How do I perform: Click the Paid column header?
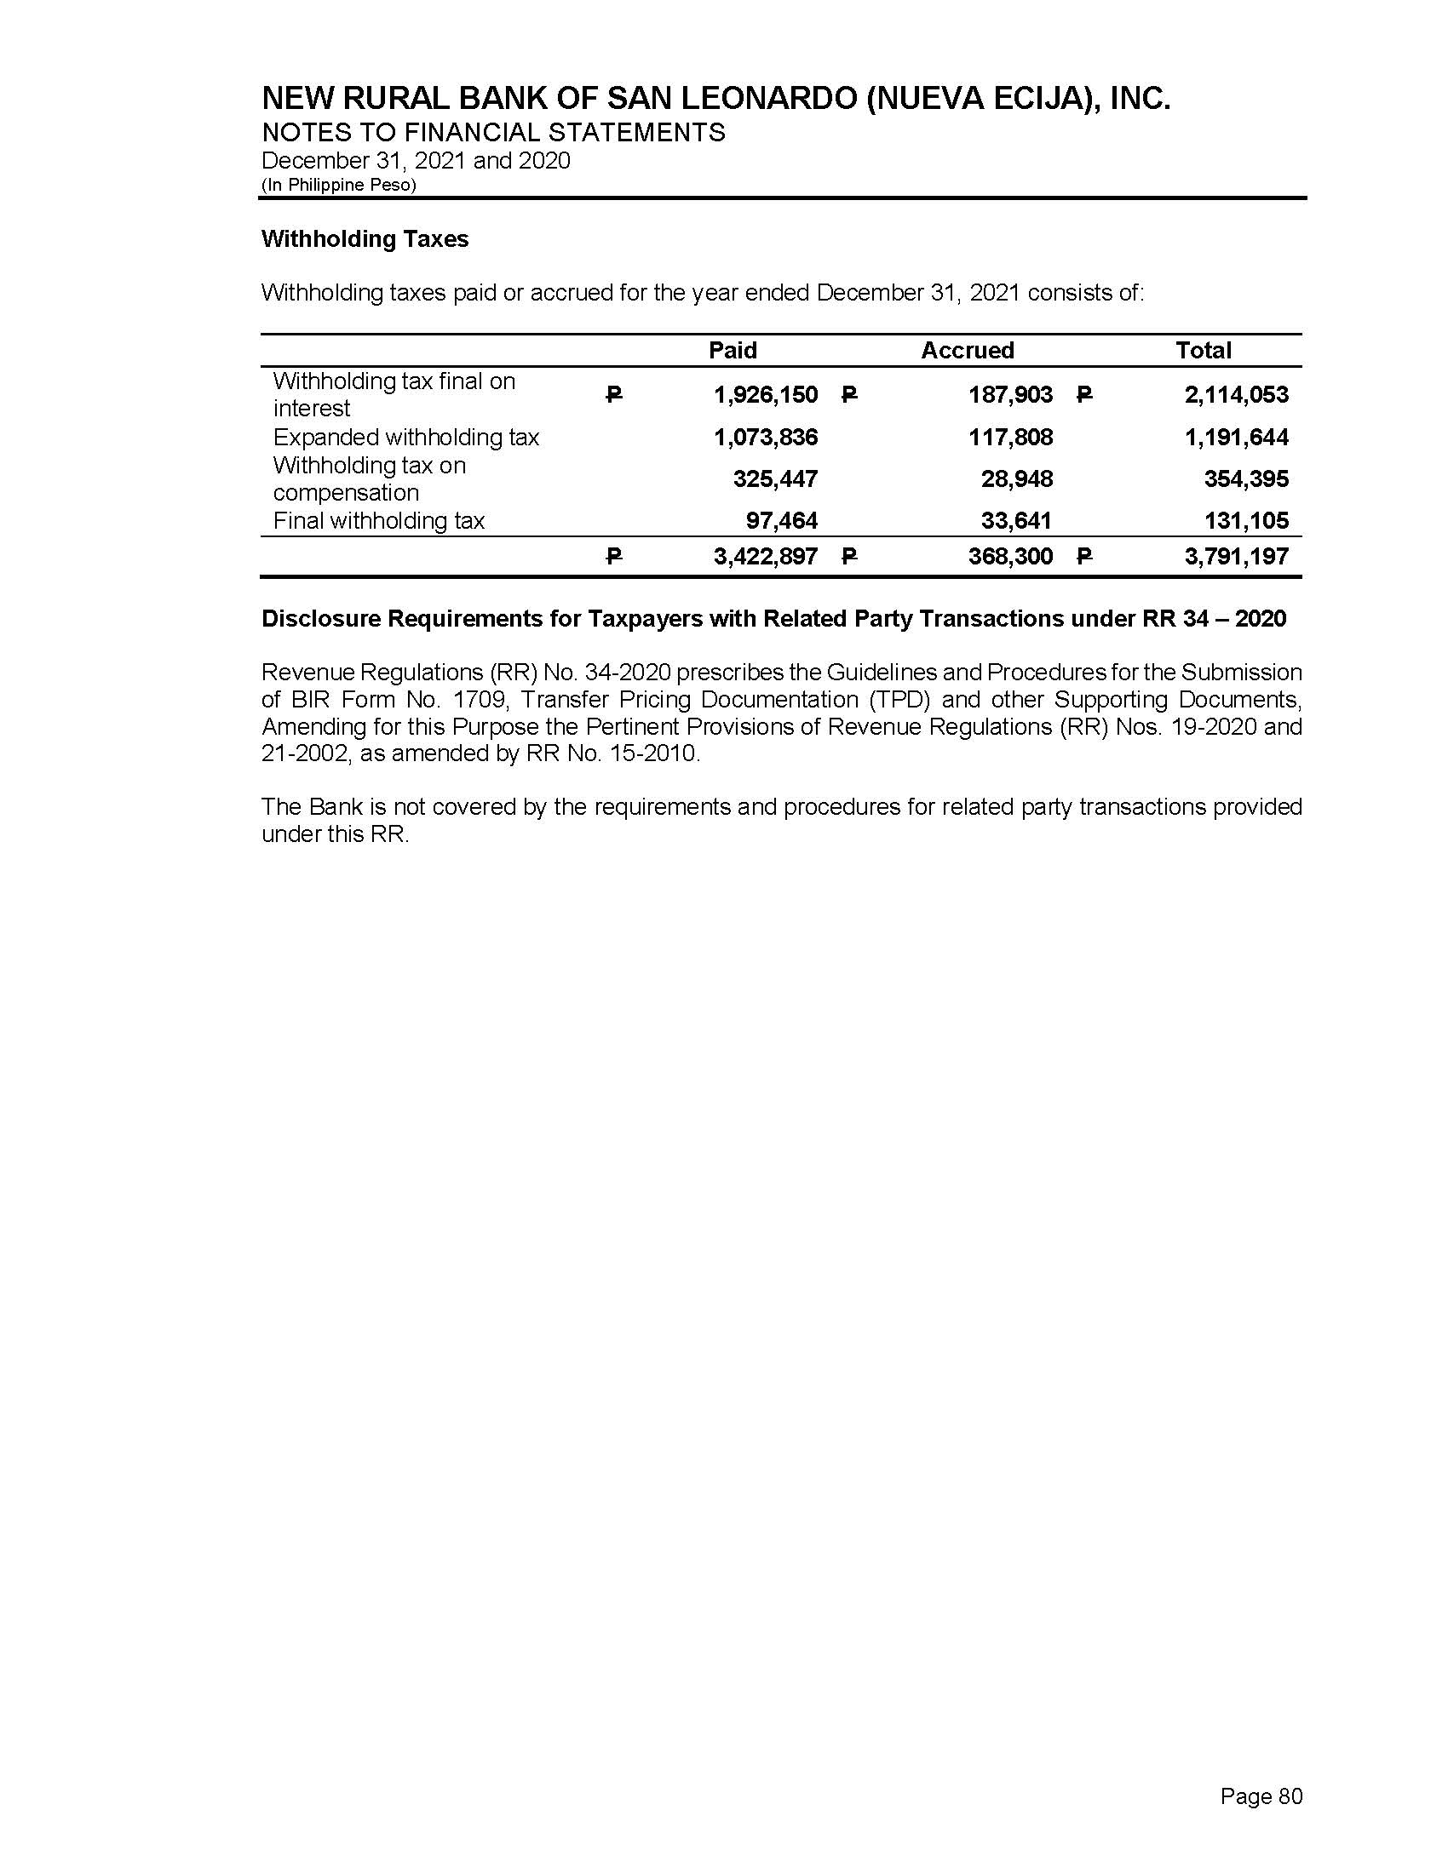733,350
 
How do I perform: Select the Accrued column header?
967,350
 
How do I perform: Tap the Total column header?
1203,350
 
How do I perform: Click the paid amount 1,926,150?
765,394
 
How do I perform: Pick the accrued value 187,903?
1010,394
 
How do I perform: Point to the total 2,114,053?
1236,394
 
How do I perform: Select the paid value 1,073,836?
765,438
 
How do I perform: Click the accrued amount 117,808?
1010,438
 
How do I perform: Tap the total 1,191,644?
1236,438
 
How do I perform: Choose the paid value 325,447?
774,478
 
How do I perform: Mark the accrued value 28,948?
1016,478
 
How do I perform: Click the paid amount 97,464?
781,520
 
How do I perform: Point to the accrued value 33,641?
1016,520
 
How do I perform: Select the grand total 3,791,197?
1236,557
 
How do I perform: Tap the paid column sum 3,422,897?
765,557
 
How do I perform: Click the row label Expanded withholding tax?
405,438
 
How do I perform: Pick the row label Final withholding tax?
378,520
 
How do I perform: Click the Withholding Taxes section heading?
365,238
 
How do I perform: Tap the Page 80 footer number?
1261,1796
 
